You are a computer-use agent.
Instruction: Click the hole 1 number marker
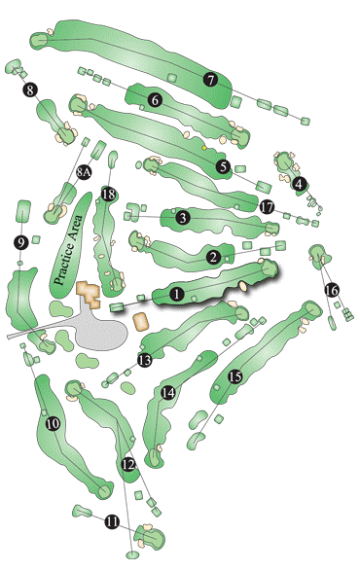point(176,292)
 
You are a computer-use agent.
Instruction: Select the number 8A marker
point(84,172)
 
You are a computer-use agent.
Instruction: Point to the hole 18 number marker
point(109,195)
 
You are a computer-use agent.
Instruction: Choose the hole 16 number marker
point(331,290)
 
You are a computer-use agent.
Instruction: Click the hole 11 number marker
point(112,522)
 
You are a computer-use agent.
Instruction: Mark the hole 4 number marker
point(300,183)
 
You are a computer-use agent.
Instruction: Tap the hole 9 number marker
point(20,242)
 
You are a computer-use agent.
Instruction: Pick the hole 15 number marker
point(234,376)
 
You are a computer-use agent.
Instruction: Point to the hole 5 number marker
point(223,167)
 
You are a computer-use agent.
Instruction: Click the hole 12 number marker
point(127,466)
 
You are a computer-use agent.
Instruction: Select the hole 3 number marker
point(182,218)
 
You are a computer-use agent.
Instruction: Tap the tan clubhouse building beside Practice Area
point(90,294)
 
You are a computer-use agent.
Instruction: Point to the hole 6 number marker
point(154,98)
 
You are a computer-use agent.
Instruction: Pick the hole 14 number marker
point(169,392)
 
